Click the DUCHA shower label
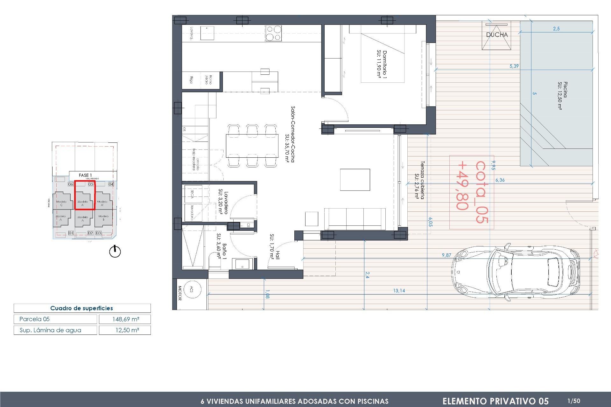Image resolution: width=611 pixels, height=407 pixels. (497, 35)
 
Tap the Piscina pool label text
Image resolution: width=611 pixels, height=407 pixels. (563, 95)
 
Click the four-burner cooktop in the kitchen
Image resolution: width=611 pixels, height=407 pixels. (273, 33)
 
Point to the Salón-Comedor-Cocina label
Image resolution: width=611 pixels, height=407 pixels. (290, 134)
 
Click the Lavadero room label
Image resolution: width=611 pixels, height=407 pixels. (223, 203)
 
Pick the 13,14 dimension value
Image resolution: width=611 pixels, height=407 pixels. (399, 291)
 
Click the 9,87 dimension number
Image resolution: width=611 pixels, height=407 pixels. (446, 255)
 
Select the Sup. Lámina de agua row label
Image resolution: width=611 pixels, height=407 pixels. (50, 330)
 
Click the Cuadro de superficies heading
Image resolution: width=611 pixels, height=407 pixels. (81, 308)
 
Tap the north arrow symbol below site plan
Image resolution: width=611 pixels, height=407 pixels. (115, 252)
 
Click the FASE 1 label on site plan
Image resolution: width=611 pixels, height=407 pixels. (85, 175)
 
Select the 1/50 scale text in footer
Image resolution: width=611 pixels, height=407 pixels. (574, 401)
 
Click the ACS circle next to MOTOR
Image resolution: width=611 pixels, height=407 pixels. (192, 289)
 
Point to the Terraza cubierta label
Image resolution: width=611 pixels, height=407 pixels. (419, 180)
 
